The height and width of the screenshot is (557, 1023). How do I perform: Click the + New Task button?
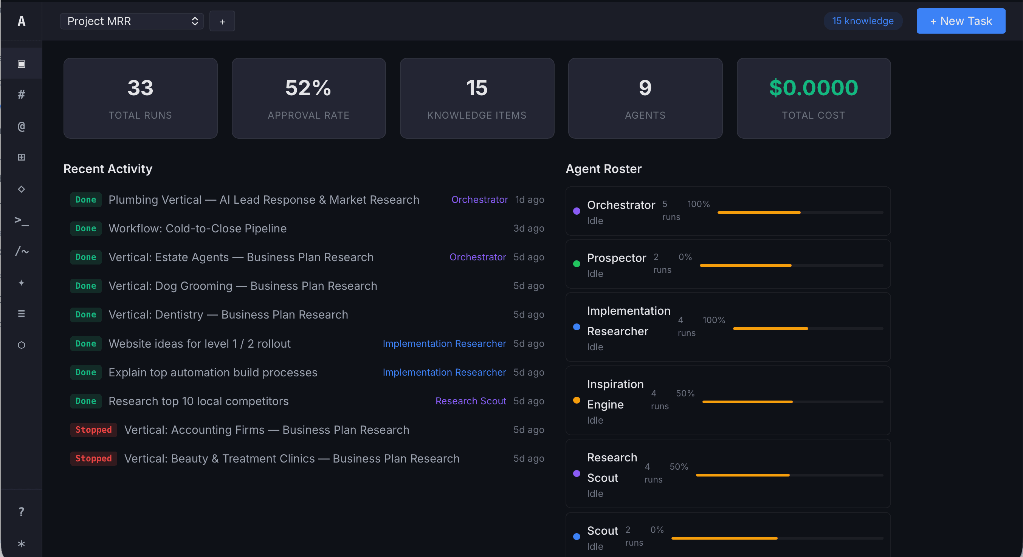point(960,21)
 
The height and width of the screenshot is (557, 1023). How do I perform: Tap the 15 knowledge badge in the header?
point(863,21)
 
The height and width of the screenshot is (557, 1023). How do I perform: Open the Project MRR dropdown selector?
point(132,21)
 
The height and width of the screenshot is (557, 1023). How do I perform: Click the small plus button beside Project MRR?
point(222,22)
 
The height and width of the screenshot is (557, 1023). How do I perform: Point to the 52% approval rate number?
point(308,88)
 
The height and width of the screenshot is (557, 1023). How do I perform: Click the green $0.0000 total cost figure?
point(813,88)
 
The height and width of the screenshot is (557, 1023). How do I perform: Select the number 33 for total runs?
point(140,88)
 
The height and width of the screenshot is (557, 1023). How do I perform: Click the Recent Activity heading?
point(108,169)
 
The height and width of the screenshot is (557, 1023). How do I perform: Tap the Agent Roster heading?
point(603,169)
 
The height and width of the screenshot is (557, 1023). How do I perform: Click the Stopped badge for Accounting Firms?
point(93,430)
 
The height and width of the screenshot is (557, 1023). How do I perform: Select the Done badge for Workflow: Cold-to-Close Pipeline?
point(86,228)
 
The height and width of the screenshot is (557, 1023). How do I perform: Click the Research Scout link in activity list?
point(471,401)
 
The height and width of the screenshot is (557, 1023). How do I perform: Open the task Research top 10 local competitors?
point(198,401)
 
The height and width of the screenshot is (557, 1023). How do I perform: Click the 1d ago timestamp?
point(529,200)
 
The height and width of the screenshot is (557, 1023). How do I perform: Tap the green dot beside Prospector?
point(577,264)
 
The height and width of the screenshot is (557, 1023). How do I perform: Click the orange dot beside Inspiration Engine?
point(577,400)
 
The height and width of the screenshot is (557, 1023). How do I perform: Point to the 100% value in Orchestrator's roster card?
point(698,204)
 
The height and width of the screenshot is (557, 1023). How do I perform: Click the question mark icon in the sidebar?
point(22,512)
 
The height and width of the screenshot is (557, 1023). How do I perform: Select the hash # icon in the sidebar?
point(22,94)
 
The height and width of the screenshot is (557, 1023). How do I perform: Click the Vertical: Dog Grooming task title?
point(243,286)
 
